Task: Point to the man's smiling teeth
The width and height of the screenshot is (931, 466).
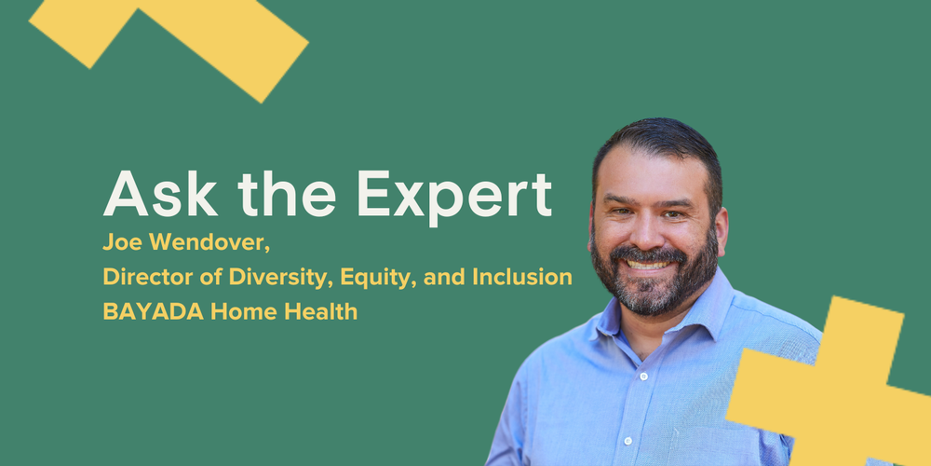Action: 651,263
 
